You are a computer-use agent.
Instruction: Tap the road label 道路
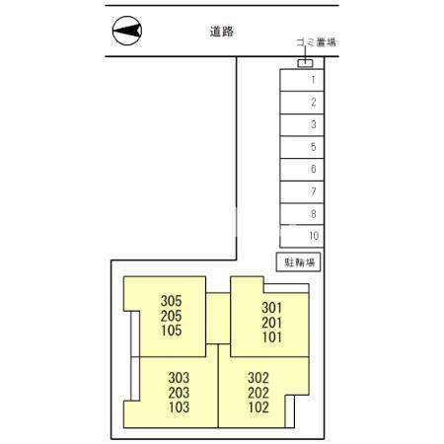pyautogui.click(x=221, y=32)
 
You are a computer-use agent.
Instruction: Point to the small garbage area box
pyautogui.click(x=305, y=64)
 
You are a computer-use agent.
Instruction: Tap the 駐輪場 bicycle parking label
pyautogui.click(x=300, y=262)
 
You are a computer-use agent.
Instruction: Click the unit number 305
pyautogui.click(x=172, y=302)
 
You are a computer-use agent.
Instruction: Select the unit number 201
pyautogui.click(x=272, y=322)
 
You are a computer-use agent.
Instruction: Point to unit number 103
pyautogui.click(x=179, y=407)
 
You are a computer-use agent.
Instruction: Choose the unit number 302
pyautogui.click(x=258, y=377)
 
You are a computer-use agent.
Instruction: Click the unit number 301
pyautogui.click(x=272, y=307)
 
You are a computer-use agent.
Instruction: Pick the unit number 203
pyautogui.click(x=179, y=393)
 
